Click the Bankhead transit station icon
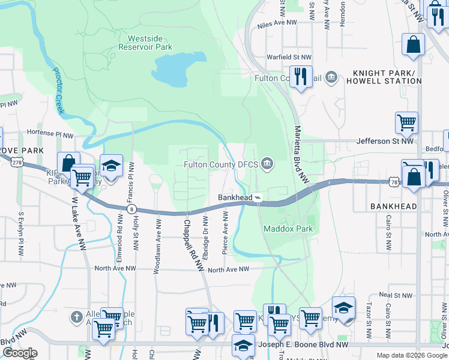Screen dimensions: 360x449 [257, 197]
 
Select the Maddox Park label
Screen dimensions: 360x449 [288, 229]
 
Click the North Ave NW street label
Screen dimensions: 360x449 [228, 270]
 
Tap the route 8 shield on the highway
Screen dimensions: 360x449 [131, 209]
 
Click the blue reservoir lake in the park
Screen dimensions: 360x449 [170, 73]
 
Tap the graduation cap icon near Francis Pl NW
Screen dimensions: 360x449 [111, 166]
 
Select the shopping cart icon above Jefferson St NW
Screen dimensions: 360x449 [406, 122]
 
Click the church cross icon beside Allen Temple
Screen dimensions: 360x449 [76, 316]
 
